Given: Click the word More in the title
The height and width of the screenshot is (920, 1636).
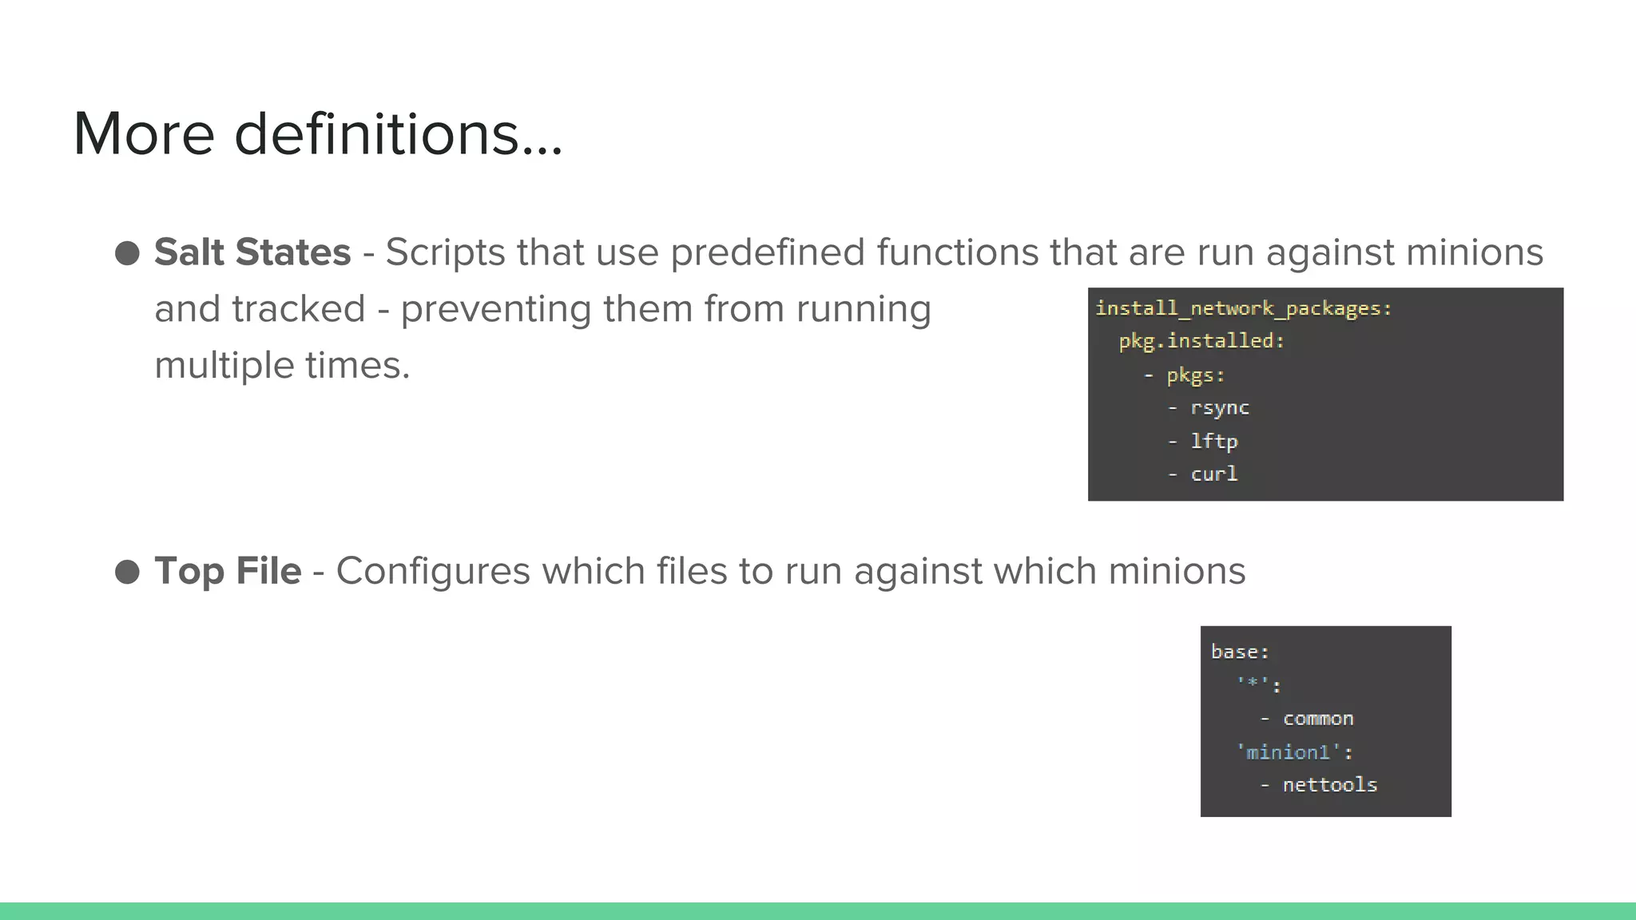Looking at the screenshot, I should click(x=144, y=133).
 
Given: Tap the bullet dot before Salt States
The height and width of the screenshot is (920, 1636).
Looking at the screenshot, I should click(x=127, y=253).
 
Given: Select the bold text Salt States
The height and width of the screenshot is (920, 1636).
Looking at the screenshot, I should click(x=252, y=252).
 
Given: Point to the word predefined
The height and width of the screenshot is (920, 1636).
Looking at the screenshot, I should click(x=768, y=252).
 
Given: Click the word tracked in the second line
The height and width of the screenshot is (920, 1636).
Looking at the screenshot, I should click(x=299, y=309).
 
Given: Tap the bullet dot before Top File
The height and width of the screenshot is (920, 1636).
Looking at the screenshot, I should click(x=127, y=572).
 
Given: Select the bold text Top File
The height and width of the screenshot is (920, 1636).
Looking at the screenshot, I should click(x=228, y=571).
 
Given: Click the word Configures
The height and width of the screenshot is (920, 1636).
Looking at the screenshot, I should click(x=433, y=571).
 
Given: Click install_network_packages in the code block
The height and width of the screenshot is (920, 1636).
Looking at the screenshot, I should click(x=1242, y=308).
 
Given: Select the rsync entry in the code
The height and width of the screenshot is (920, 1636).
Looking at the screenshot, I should click(x=1220, y=408).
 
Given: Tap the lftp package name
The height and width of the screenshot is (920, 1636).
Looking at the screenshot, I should click(x=1214, y=441).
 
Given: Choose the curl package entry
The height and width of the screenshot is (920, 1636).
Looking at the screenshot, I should click(x=1214, y=474).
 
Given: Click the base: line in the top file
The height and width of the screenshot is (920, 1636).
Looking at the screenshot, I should click(x=1240, y=652).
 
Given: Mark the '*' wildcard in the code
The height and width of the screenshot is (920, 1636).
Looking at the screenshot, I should click(x=1253, y=684).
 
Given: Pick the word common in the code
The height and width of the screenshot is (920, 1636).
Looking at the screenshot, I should click(x=1318, y=719).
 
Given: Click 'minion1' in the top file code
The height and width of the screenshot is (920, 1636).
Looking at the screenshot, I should click(x=1288, y=752).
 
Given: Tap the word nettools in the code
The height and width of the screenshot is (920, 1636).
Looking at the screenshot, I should click(x=1330, y=785).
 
